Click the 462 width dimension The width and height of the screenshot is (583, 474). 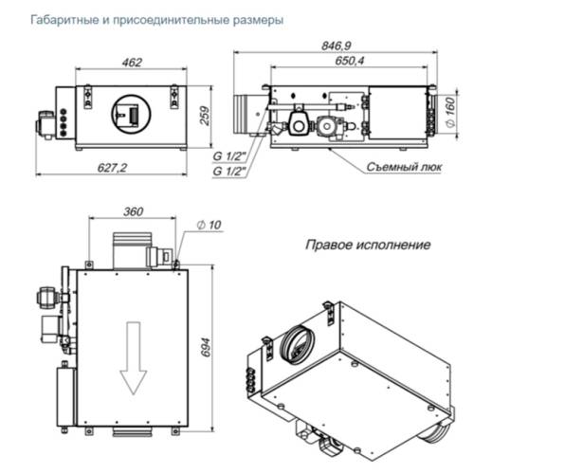click(132, 63)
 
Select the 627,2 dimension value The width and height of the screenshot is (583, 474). click(113, 167)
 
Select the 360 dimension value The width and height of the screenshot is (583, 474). click(133, 210)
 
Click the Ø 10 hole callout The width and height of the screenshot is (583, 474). click(209, 225)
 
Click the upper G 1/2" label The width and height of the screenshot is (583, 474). click(229, 156)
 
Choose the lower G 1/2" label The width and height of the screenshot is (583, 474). click(229, 170)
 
